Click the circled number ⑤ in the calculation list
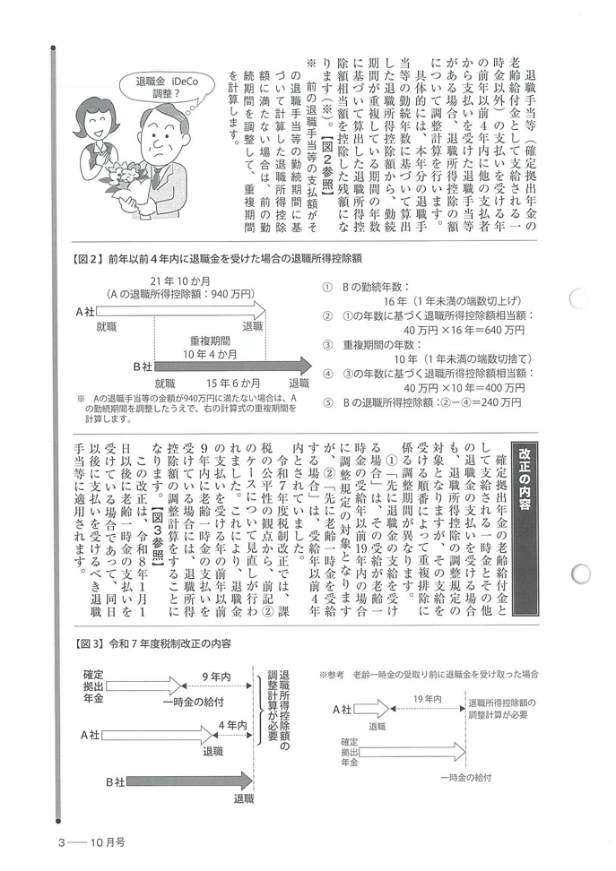click(x=327, y=402)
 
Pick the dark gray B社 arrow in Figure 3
click(x=196, y=781)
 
